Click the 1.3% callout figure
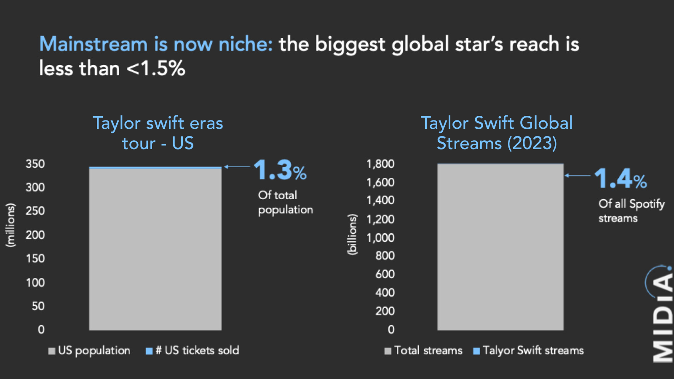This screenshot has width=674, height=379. click(280, 171)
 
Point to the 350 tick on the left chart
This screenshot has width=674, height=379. click(35, 164)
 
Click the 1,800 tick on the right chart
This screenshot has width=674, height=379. click(380, 164)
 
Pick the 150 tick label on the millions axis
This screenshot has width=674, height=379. click(35, 259)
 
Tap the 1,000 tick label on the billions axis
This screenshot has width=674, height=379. click(380, 238)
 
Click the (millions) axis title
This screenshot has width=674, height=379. click(10, 225)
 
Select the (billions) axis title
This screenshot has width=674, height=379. click(352, 234)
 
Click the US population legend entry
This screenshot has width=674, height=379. click(90, 350)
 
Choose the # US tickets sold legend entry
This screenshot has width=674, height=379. click(193, 350)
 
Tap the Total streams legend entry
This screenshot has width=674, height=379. click(423, 350)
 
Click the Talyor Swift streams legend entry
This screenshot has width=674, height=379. click(529, 350)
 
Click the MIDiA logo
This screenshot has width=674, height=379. click(661, 314)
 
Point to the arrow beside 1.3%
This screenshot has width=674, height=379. click(237, 167)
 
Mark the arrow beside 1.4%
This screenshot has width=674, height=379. click(578, 175)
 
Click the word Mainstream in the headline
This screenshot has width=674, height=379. click(93, 44)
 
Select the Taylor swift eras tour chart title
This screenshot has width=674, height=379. click(158, 133)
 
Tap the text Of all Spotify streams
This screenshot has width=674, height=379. click(631, 211)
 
